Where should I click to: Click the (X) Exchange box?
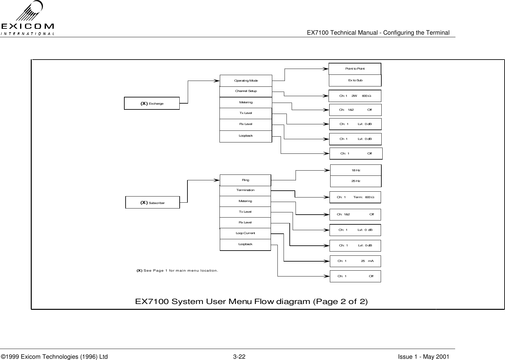[152, 104]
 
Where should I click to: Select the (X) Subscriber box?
[152, 203]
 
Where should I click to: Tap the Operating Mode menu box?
[246, 81]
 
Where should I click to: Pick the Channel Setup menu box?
[246, 91]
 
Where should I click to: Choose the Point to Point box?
[355, 69]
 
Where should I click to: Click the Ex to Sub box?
[355, 80]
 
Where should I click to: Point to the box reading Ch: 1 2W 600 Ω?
[355, 96]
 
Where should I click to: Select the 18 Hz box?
[356, 170]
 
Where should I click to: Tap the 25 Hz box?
[356, 181]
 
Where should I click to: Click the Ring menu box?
[245, 180]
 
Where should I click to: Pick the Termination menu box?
[245, 190]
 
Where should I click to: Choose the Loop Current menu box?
[245, 233]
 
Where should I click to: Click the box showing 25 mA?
[355, 261]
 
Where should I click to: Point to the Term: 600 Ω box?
[355, 197]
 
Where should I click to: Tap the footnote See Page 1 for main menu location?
[177, 270]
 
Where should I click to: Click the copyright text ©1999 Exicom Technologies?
[54, 357]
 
